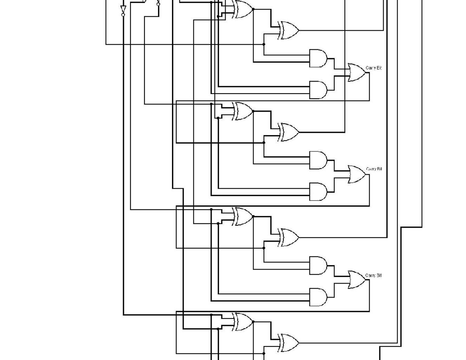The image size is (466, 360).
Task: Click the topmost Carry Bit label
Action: tap(374, 68)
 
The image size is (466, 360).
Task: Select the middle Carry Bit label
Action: tap(374, 169)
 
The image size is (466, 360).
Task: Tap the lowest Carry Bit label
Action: tap(374, 275)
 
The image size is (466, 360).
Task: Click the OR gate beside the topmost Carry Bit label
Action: tap(356, 73)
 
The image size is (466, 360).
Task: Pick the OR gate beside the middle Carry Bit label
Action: tap(356, 174)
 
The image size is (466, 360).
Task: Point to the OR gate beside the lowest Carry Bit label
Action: tap(356, 280)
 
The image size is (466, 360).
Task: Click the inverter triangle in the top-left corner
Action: tap(123, 9)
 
